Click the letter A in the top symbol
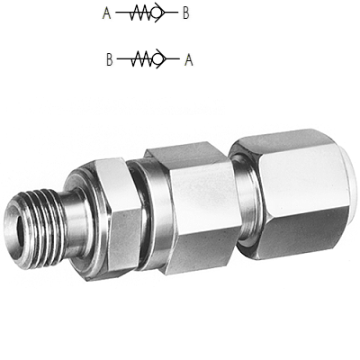click(x=106, y=13)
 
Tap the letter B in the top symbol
click(x=186, y=13)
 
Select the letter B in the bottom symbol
click(x=110, y=59)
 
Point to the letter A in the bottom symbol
click(x=189, y=59)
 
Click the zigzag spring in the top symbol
click(x=140, y=13)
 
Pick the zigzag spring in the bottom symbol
click(x=142, y=58)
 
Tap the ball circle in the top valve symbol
click(x=157, y=13)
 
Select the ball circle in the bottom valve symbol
click(x=158, y=58)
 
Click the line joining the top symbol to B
click(x=171, y=13)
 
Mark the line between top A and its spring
click(x=123, y=13)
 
